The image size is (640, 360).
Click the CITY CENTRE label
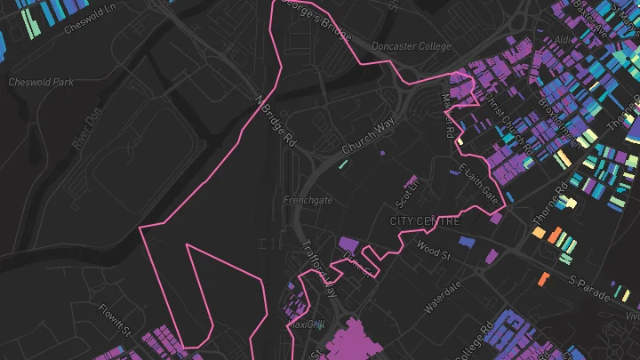pyautogui.click(x=425, y=220)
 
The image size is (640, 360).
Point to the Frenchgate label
pyautogui.click(x=308, y=200)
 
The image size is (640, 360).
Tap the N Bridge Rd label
pyautogui.click(x=274, y=121)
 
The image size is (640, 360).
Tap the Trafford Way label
pyautogui.click(x=321, y=269)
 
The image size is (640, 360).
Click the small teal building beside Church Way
pyautogui.click(x=342, y=164)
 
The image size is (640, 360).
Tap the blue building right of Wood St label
pyautogui.click(x=466, y=242)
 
